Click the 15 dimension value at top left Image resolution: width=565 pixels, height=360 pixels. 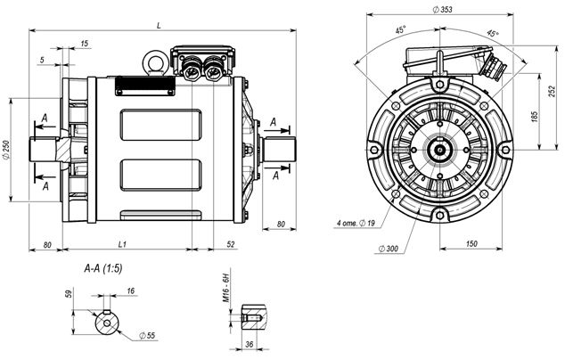[x=84, y=44]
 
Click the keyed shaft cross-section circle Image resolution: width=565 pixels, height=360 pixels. [x=107, y=322]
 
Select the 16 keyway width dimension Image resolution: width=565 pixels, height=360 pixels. [x=130, y=291]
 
